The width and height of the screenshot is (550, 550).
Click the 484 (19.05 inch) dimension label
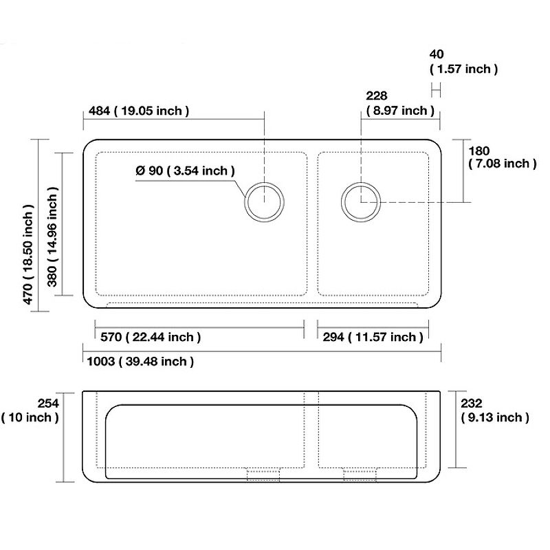click(x=139, y=111)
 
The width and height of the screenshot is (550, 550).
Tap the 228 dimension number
click(x=376, y=96)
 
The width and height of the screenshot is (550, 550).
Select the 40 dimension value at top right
click(x=437, y=54)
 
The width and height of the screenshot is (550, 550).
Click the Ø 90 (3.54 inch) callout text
click(x=185, y=170)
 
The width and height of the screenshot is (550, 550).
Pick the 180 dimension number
click(x=478, y=151)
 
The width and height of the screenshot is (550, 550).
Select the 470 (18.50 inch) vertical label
click(x=28, y=254)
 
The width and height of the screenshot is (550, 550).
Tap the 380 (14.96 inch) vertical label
click(x=52, y=236)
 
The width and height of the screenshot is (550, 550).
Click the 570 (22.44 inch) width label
click(x=151, y=337)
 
